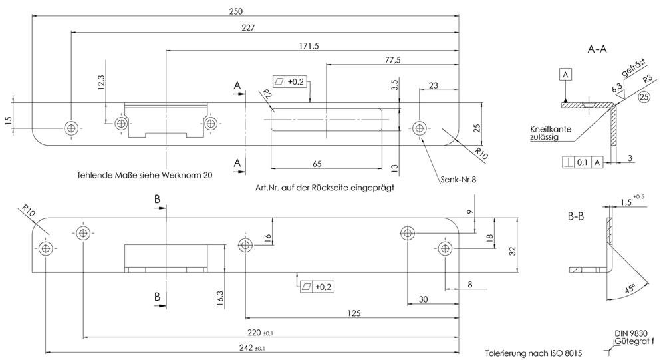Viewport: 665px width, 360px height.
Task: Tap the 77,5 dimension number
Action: pyautogui.click(x=392, y=60)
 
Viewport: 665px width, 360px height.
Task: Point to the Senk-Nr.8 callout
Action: pyautogui.click(x=459, y=180)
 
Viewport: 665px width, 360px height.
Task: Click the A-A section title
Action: pyautogui.click(x=597, y=49)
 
